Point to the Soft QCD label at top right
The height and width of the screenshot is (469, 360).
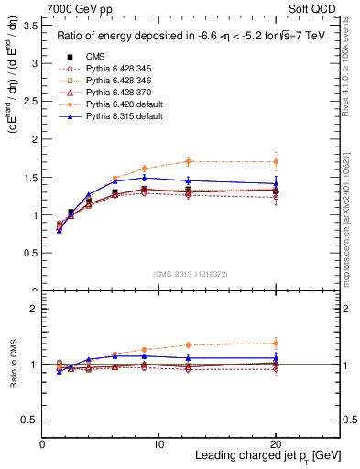click(317, 9)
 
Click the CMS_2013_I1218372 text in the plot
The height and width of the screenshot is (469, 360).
click(191, 273)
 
